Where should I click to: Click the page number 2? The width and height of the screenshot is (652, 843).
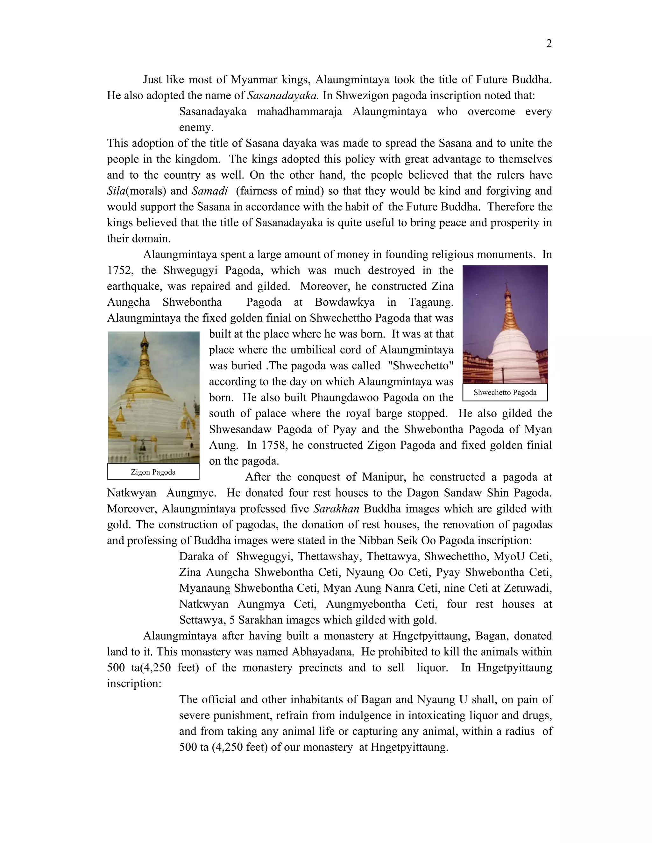click(x=549, y=44)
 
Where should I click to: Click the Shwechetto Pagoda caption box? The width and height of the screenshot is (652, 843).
click(x=505, y=393)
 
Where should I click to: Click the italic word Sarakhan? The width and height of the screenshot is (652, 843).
click(x=336, y=509)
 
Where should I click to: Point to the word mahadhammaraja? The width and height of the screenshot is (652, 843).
click(x=299, y=112)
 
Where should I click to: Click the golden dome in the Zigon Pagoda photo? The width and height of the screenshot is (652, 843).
click(x=147, y=382)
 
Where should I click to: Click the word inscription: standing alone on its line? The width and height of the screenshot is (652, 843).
click(x=134, y=684)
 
